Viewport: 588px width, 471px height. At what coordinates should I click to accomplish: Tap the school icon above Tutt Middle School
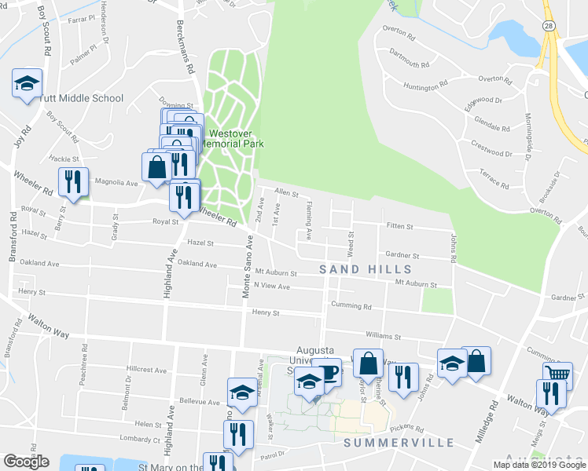click(x=27, y=82)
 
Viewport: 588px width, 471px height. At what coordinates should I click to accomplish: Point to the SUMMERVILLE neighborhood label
click(x=399, y=442)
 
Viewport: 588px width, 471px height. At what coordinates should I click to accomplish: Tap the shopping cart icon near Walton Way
click(x=557, y=375)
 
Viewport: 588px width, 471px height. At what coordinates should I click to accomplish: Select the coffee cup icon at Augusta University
click(x=326, y=371)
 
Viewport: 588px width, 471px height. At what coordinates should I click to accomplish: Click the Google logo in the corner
click(x=26, y=462)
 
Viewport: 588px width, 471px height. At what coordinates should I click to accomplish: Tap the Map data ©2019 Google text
click(x=539, y=465)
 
